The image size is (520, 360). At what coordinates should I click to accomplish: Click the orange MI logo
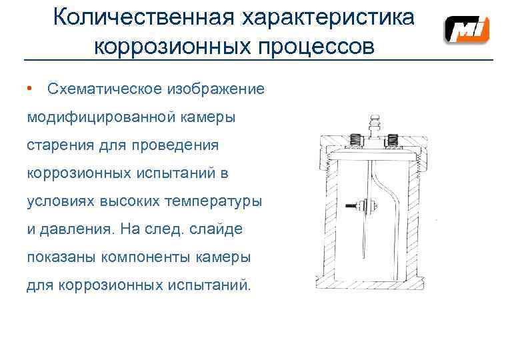tap(467, 31)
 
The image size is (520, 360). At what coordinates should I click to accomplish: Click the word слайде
tap(223, 229)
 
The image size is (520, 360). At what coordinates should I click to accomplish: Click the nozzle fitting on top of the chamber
tap(374, 124)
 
